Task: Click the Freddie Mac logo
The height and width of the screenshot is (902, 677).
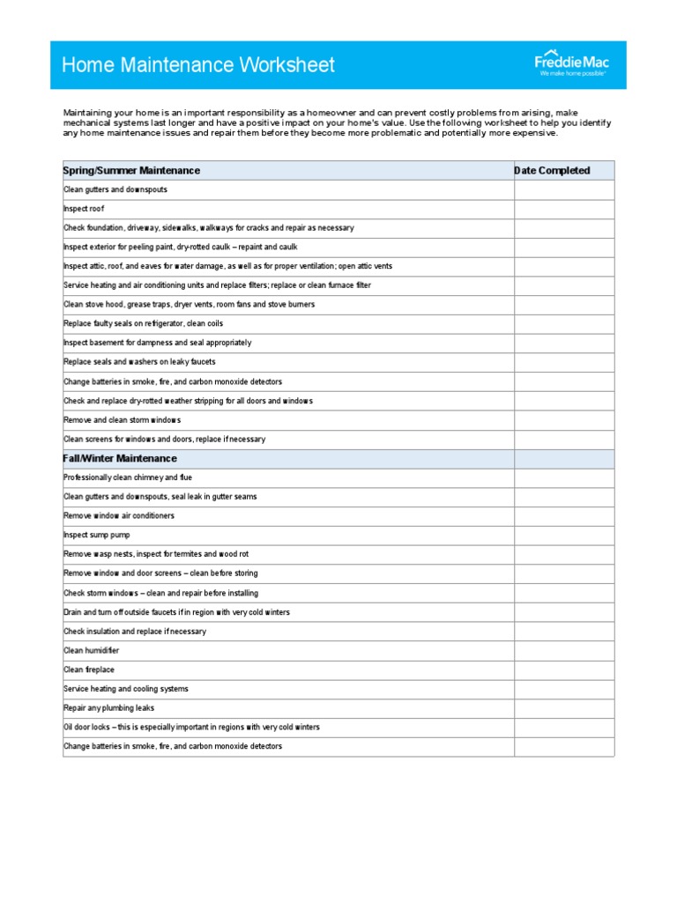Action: click(571, 63)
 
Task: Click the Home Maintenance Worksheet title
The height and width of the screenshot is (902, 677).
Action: click(198, 65)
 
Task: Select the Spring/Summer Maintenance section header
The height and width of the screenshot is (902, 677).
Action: click(131, 171)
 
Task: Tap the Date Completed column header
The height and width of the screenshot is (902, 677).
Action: click(553, 171)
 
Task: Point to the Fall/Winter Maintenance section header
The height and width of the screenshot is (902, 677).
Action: click(120, 459)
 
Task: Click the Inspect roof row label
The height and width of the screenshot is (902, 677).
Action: click(84, 209)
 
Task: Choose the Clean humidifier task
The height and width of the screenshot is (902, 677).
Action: click(92, 651)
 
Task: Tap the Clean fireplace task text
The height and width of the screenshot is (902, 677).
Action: click(89, 670)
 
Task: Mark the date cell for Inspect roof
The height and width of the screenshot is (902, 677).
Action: click(564, 209)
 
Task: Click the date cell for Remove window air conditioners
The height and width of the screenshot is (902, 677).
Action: click(564, 516)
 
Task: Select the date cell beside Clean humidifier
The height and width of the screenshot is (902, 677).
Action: click(564, 651)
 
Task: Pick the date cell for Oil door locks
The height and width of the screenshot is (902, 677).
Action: click(564, 728)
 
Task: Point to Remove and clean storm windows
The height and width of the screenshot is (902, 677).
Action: click(122, 420)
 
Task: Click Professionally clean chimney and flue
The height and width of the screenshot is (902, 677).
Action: click(128, 477)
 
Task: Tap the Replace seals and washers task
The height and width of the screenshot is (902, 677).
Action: click(139, 362)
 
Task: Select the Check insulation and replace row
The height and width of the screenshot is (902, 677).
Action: click(135, 632)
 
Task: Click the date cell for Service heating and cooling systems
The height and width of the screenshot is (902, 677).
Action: click(564, 689)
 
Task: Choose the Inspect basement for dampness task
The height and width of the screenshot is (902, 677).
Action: click(157, 343)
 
